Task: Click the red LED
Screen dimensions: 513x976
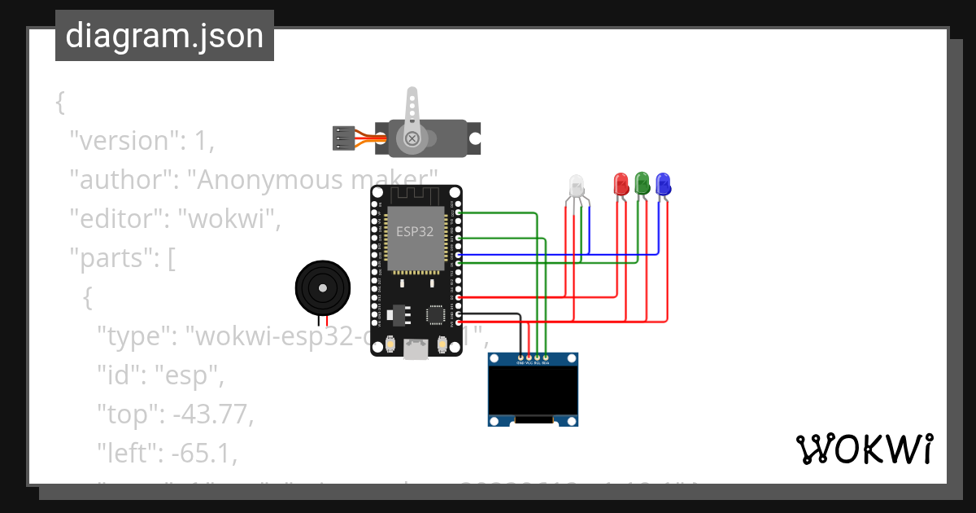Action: [x=621, y=182]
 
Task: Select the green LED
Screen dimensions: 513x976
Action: [x=642, y=182]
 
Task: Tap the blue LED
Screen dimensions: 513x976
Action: [x=663, y=182]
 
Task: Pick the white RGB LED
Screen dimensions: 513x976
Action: [x=576, y=186]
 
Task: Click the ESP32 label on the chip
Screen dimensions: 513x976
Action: [x=414, y=230]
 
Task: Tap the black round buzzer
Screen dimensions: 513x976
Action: [x=322, y=287]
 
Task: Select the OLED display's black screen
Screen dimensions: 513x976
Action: [x=533, y=388]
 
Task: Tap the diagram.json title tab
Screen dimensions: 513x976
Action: [x=164, y=36]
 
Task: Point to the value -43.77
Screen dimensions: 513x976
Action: [x=212, y=414]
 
